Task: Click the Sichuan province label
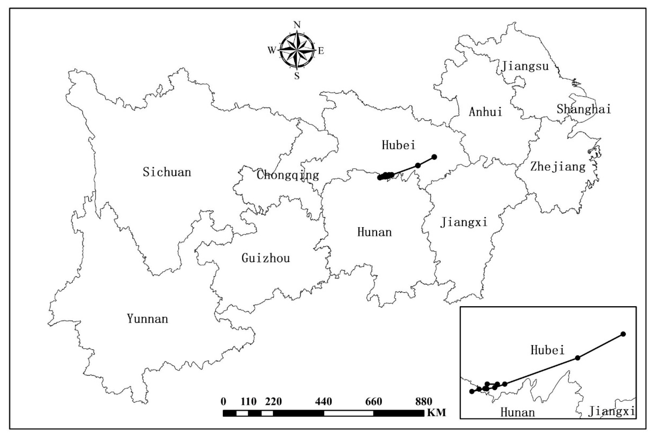[167, 172]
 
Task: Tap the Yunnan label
[147, 319]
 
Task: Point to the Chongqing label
[287, 175]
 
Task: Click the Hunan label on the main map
[374, 232]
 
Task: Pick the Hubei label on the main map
[398, 145]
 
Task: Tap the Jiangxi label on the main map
[464, 222]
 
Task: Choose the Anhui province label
[485, 112]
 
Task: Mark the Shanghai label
[584, 109]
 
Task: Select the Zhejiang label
[558, 167]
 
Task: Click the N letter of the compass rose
[297, 25]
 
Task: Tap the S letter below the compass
[297, 76]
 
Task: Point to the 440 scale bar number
[323, 402]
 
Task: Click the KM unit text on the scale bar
[436, 413]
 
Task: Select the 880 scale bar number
[424, 402]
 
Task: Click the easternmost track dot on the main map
[434, 157]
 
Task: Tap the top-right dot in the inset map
[623, 334]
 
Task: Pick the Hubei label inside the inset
[547, 350]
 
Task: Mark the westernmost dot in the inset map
[472, 391]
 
